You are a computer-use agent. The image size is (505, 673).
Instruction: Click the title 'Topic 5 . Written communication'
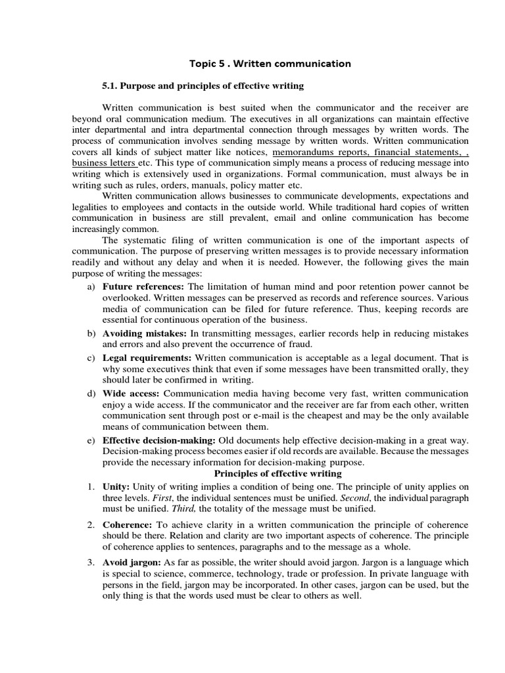click(x=270, y=64)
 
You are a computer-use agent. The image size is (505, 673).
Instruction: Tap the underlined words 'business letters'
click(x=104, y=162)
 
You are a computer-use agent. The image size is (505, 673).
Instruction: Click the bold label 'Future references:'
click(x=144, y=287)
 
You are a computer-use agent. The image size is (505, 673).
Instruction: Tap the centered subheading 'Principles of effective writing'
click(x=278, y=473)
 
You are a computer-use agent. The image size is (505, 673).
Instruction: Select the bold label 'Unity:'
click(x=116, y=486)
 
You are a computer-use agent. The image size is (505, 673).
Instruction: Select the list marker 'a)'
click(x=91, y=287)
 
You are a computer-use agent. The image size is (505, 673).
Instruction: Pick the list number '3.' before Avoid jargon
click(x=91, y=563)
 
